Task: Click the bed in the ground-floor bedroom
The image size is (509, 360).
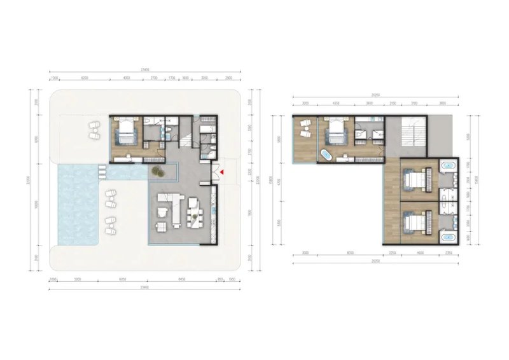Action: tap(127, 134)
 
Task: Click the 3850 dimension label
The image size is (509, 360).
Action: tap(438, 103)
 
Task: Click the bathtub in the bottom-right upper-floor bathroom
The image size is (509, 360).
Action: tap(449, 239)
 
